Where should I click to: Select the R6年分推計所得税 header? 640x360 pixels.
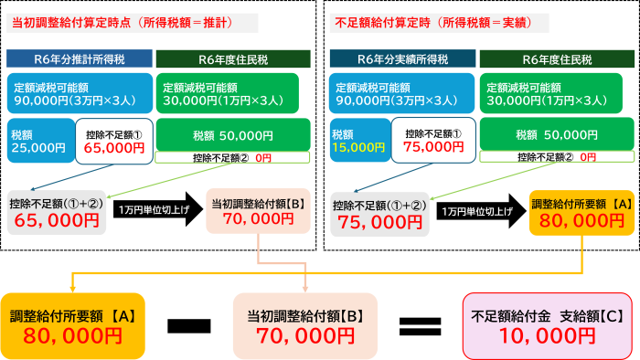click(79, 59)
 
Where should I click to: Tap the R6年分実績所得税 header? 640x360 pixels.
click(402, 59)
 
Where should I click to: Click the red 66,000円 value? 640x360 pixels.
click(114, 145)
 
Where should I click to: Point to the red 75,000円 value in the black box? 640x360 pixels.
click(433, 145)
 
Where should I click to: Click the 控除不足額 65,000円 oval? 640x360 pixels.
click(56, 212)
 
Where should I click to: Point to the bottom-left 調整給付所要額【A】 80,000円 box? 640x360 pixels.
click(72, 325)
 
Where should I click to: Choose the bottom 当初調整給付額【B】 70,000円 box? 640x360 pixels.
click(305, 325)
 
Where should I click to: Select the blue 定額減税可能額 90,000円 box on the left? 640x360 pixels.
click(79, 93)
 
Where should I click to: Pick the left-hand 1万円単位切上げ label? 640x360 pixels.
click(154, 210)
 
